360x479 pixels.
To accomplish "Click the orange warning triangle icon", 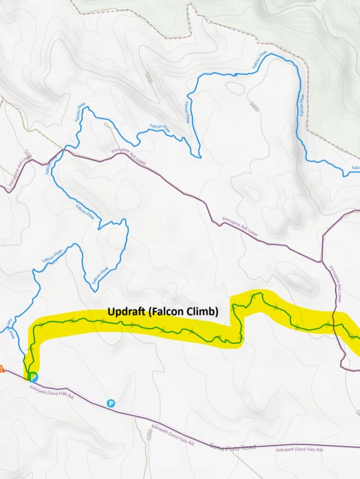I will [x=1, y=368].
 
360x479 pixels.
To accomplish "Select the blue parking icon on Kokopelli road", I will [x=111, y=403].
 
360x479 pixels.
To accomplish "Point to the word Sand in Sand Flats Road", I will [x=218, y=446].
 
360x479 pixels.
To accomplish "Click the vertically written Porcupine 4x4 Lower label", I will [x=336, y=283].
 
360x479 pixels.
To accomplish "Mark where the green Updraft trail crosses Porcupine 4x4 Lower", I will [x=335, y=325].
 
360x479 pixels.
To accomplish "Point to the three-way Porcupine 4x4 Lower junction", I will [x=322, y=261].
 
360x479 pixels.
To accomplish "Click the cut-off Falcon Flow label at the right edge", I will [x=355, y=168].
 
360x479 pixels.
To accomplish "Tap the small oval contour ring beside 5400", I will [x=234, y=88].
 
